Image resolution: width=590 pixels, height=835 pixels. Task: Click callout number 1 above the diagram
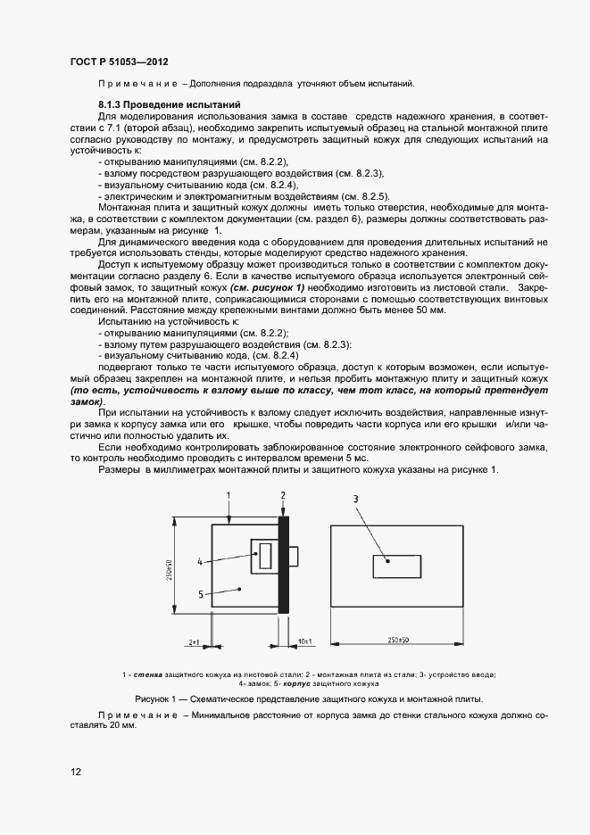229,493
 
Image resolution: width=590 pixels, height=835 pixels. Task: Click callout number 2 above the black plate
283,493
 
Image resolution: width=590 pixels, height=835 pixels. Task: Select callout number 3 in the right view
355,500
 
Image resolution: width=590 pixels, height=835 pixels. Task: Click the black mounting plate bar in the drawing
284,564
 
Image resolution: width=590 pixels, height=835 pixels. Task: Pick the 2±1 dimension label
195,641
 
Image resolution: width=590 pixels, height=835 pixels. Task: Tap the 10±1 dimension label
304,641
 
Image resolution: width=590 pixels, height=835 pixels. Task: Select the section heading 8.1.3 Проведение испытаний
154,105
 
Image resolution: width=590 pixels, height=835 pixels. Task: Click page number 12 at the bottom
75,772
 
